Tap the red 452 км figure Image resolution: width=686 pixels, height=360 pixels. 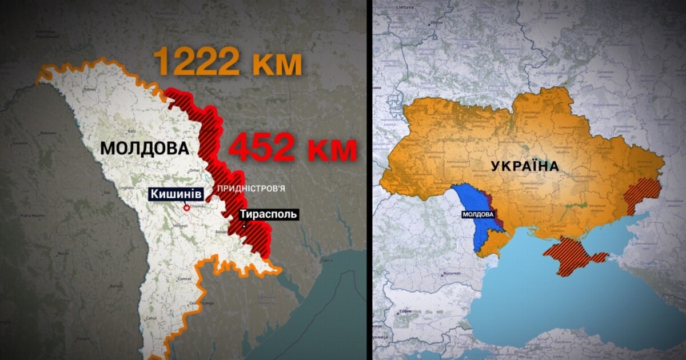click(292, 150)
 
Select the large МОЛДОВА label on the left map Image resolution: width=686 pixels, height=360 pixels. click(144, 149)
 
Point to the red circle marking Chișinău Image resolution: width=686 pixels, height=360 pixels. click(186, 209)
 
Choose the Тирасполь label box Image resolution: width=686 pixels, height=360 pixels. click(268, 214)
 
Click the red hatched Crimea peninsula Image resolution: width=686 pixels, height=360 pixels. click(572, 255)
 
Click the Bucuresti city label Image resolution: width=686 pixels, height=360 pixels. click(450, 274)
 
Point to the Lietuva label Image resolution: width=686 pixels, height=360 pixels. click(405, 7)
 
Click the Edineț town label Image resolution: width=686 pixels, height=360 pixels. click(89, 90)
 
